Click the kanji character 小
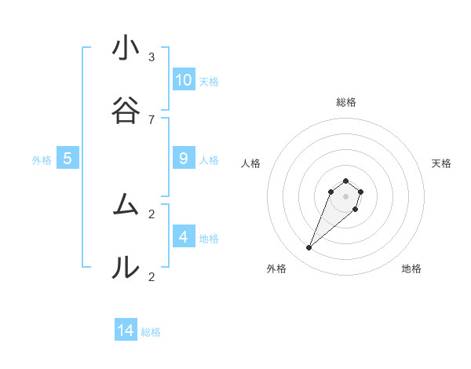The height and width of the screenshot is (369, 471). click(126, 49)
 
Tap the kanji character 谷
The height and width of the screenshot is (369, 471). click(126, 111)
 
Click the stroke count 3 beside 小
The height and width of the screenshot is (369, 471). click(152, 57)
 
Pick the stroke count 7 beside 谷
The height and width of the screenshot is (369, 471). click(152, 119)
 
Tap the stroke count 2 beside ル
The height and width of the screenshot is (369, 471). click(152, 276)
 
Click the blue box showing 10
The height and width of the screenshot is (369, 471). click(184, 80)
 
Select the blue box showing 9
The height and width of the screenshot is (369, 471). click(184, 159)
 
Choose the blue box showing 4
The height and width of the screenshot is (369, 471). click(184, 237)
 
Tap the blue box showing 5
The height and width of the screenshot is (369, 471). click(68, 159)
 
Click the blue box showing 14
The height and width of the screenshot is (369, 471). click(126, 331)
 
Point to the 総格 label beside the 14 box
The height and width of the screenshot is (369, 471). click(151, 332)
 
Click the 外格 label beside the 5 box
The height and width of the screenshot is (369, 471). click(42, 160)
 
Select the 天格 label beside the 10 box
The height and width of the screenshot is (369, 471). click(209, 82)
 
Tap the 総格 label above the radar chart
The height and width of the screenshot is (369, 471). click(345, 102)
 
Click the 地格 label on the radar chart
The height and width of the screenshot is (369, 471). click(411, 269)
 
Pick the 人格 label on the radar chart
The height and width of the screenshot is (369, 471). click(251, 163)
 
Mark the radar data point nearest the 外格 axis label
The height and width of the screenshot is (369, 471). click(309, 248)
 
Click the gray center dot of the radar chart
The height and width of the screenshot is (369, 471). click(345, 196)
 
